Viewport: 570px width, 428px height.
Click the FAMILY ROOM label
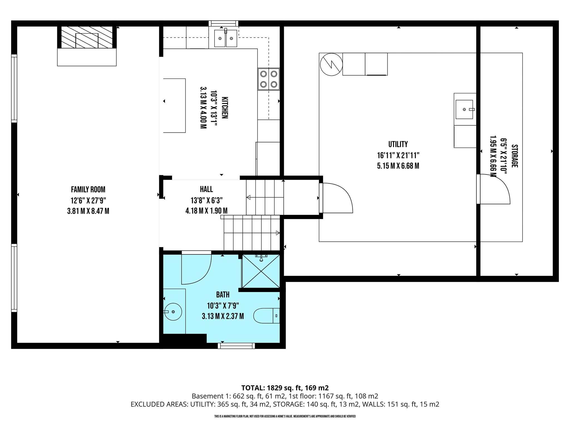(x=88, y=190)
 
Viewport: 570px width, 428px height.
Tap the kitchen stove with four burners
(x=269, y=79)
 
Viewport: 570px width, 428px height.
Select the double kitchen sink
(x=226, y=38)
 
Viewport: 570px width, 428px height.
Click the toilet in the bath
(x=267, y=316)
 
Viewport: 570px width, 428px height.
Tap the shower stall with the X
(x=261, y=271)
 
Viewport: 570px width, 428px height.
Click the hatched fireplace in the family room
(x=87, y=37)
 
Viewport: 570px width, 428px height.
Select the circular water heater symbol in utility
(x=331, y=64)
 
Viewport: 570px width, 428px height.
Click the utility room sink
(x=464, y=109)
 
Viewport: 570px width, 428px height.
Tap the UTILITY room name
(x=398, y=144)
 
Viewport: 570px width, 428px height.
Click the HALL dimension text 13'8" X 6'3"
(x=207, y=200)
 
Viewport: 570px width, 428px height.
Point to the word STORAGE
(x=515, y=156)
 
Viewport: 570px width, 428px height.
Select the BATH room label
(x=223, y=295)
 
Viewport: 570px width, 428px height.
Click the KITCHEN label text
(x=225, y=108)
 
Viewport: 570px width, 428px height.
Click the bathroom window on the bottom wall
(x=236, y=346)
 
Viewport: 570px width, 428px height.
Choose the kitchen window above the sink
(x=223, y=23)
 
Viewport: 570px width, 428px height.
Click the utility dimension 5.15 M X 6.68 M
(x=398, y=166)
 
